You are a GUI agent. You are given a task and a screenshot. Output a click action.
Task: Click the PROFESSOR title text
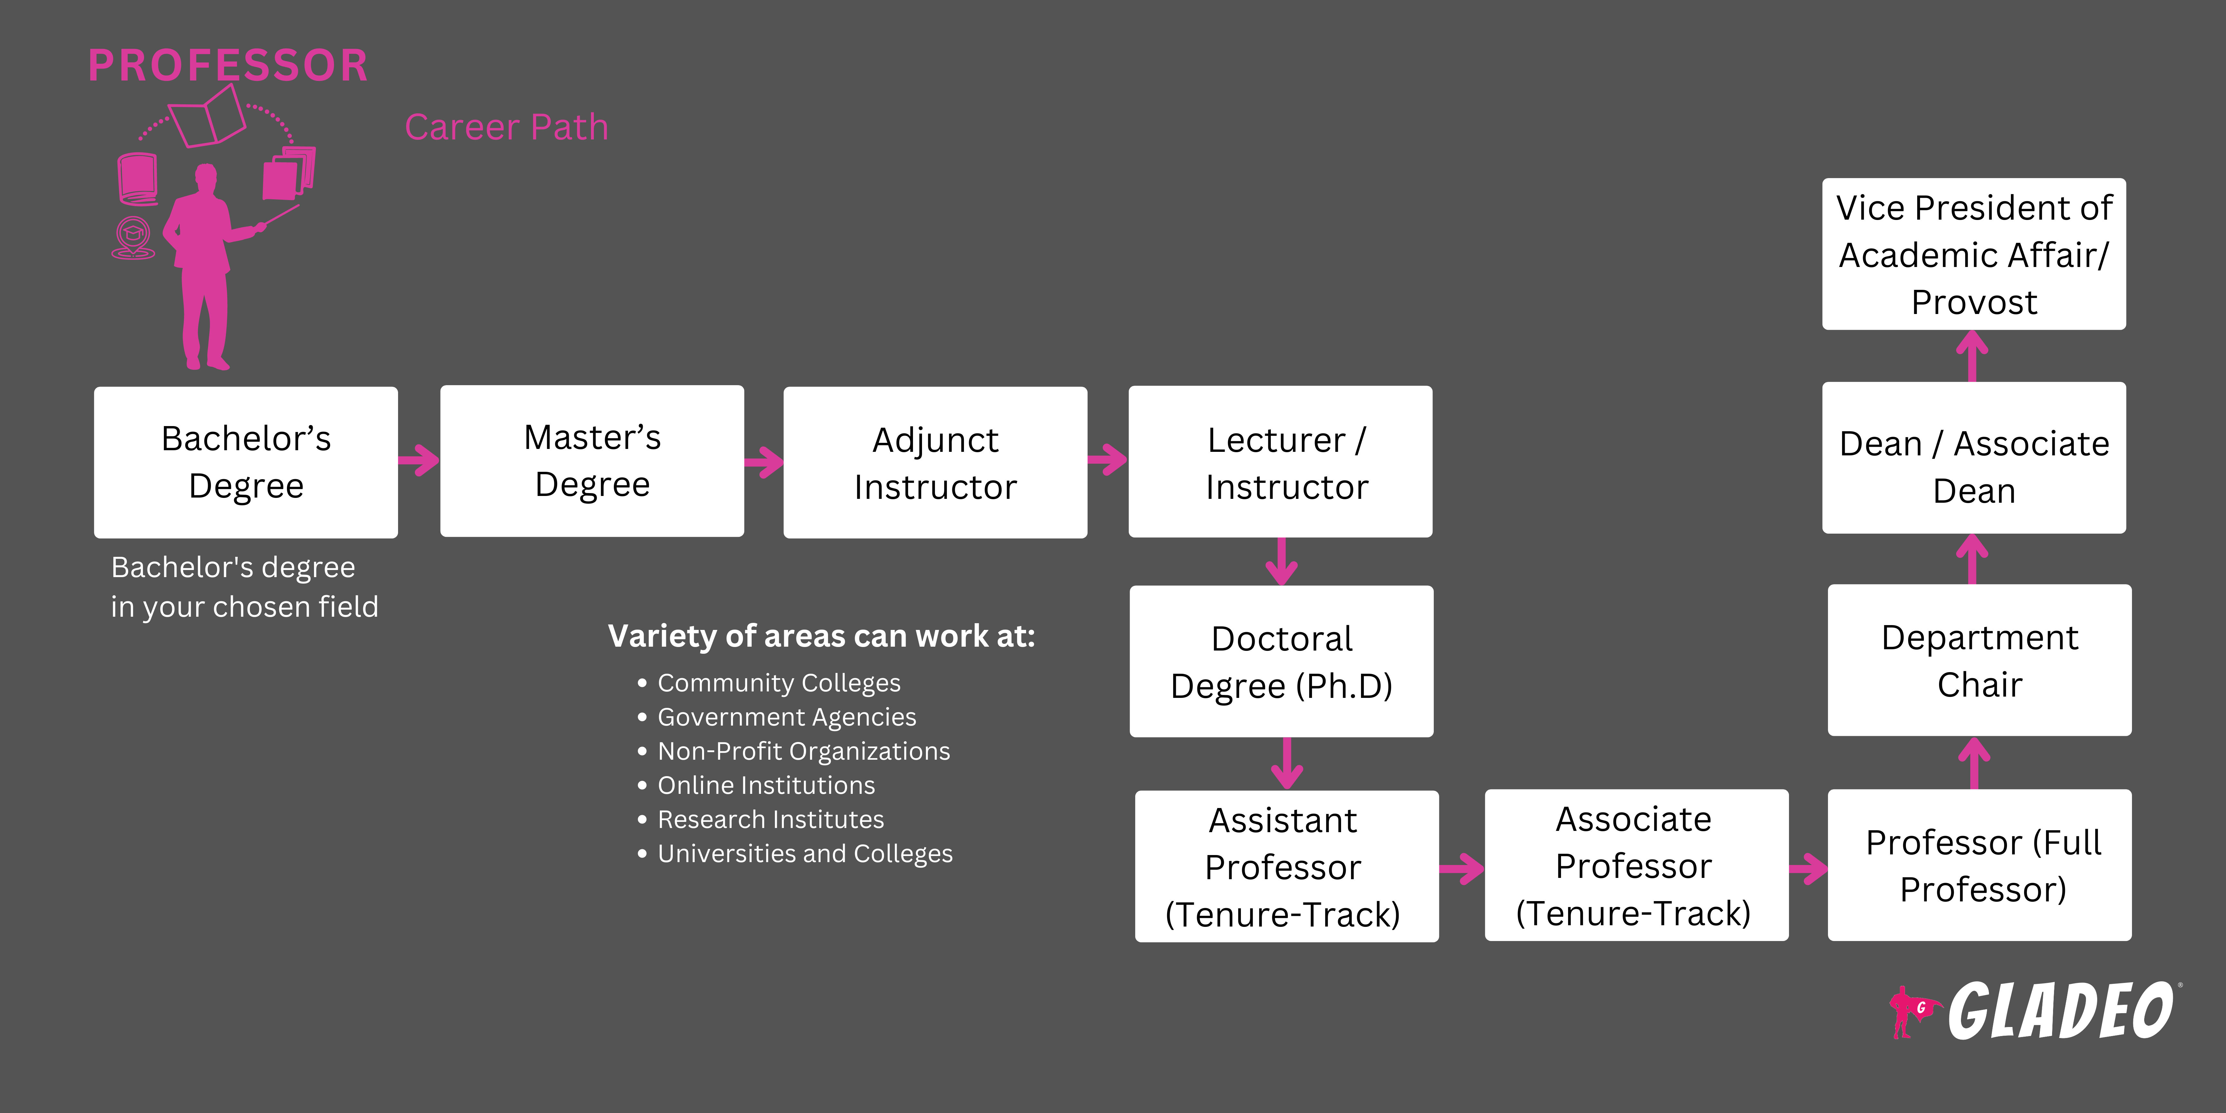coord(228,66)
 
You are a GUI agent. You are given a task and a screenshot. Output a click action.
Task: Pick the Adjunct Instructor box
coord(935,462)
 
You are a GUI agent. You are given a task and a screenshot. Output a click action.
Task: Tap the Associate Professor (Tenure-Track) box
coord(1636,865)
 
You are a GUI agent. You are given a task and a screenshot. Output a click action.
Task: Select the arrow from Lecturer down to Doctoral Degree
coord(1281,562)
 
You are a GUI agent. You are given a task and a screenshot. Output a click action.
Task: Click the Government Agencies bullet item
coord(786,717)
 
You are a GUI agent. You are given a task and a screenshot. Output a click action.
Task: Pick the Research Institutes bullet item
coord(770,819)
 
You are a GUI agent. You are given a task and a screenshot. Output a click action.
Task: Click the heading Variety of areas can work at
coord(821,636)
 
